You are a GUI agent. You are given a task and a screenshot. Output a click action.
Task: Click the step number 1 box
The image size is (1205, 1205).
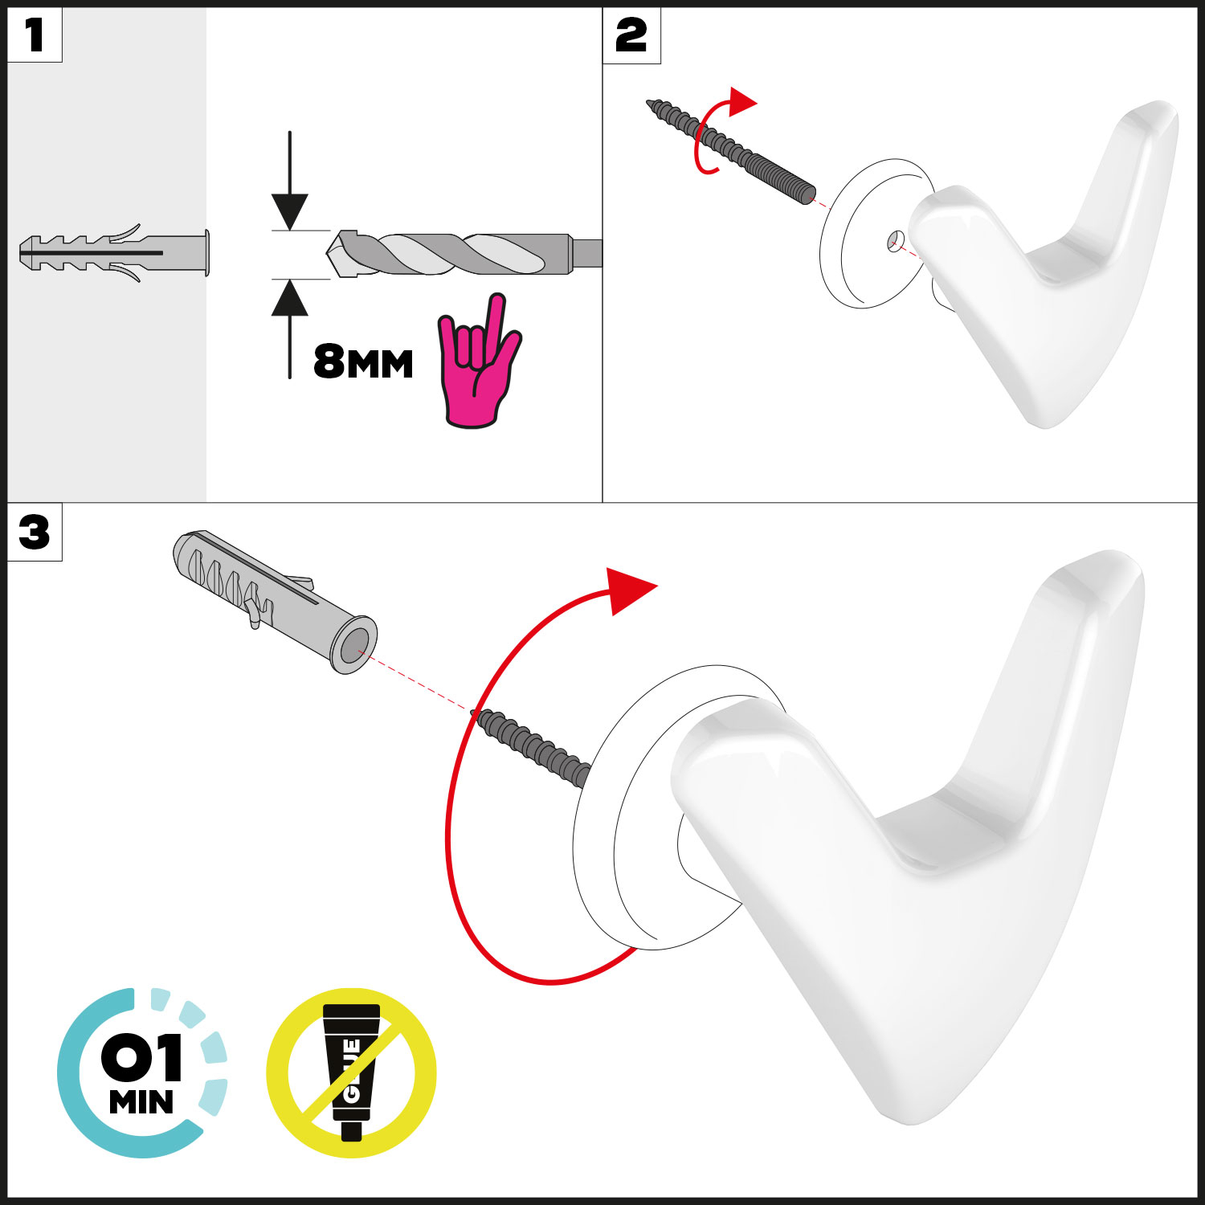pos(35,35)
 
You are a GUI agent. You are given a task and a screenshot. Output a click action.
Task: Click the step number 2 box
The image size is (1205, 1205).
pos(631,35)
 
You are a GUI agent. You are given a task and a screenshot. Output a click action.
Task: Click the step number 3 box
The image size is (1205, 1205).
pos(35,532)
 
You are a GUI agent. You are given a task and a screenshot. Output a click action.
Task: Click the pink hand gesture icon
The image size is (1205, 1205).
pos(478,361)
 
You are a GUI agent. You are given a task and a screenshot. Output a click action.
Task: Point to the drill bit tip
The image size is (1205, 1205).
pos(328,254)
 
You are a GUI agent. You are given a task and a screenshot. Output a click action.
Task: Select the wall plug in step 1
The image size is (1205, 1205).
pos(114,254)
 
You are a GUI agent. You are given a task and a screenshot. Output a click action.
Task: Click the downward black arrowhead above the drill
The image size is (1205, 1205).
pos(290,212)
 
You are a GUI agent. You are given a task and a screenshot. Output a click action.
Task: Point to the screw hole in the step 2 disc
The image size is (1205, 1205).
pos(896,239)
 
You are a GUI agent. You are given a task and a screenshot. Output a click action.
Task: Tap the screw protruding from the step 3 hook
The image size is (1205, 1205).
pos(533,746)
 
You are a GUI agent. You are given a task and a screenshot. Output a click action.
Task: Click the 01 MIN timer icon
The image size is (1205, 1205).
pos(141,1072)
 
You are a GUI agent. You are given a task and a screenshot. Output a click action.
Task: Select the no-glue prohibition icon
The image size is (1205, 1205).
pos(351,1072)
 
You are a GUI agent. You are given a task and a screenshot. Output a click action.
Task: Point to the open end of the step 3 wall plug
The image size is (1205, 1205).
pos(354,645)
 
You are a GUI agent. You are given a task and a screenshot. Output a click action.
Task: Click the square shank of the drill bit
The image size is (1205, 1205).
pos(586,254)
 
